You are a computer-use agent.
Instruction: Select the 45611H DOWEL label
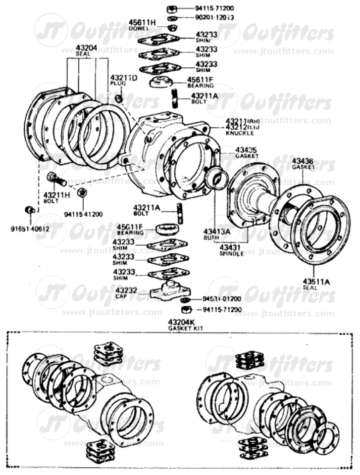click(143, 25)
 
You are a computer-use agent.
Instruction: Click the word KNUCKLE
click(240, 133)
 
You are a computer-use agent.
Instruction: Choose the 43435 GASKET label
click(246, 152)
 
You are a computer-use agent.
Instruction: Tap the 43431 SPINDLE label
click(232, 250)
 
